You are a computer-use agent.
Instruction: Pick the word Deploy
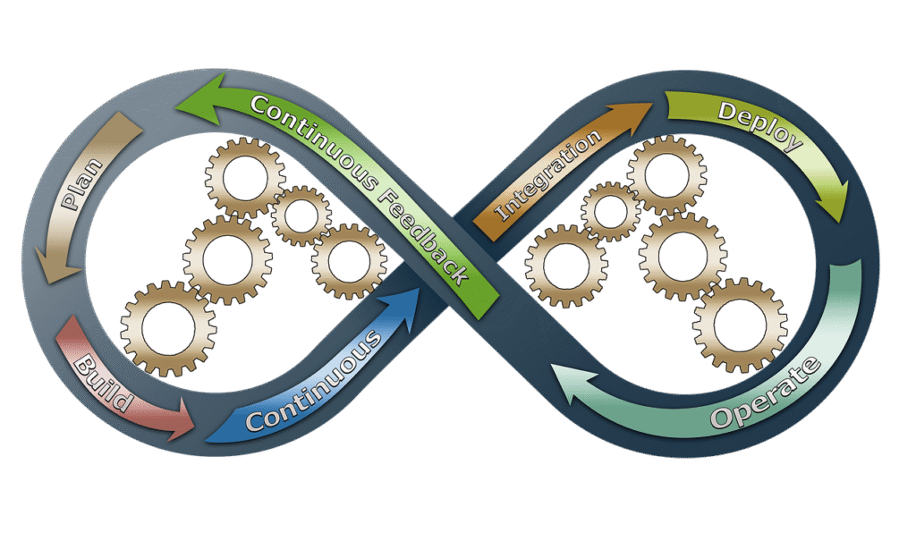[759, 126]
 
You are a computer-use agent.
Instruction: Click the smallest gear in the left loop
[301, 215]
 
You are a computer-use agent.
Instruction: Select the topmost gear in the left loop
[245, 178]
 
